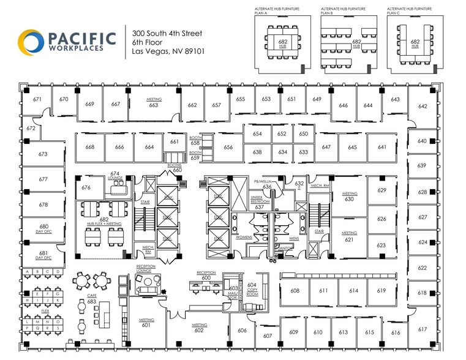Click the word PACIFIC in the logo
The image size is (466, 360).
click(x=80, y=38)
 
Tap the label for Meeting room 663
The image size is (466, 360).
click(x=153, y=102)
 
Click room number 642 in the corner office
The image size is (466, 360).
click(x=423, y=107)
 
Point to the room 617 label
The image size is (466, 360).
click(x=423, y=329)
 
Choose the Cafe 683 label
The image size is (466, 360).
click(x=92, y=299)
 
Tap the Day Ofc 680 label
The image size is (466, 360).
click(x=43, y=228)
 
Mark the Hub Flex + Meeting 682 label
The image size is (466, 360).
click(x=104, y=222)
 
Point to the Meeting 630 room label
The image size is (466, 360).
click(x=349, y=197)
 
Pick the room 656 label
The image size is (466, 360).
click(x=228, y=148)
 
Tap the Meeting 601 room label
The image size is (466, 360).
click(x=146, y=323)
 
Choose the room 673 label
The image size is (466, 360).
click(x=43, y=154)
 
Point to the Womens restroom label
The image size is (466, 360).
click(x=244, y=237)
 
